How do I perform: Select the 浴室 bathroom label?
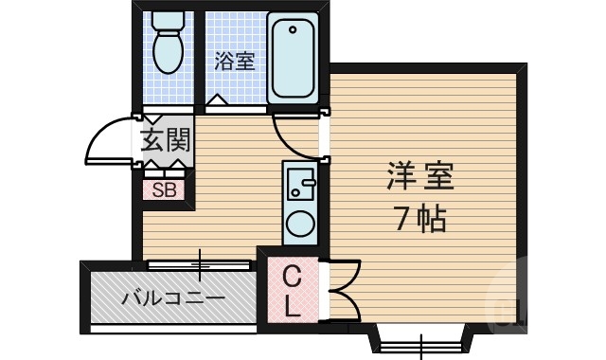tap(234, 63)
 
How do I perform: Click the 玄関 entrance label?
tap(166, 141)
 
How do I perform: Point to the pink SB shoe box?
tap(165, 189)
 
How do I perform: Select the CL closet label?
tap(293, 291)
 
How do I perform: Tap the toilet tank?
tap(169, 21)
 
